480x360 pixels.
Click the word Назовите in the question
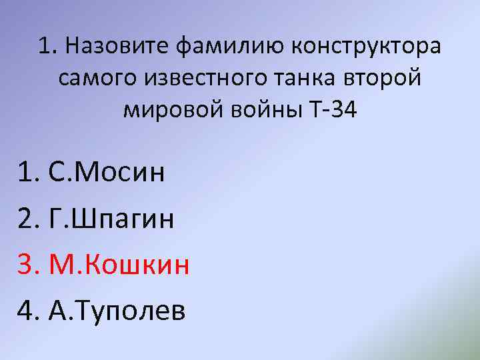(117, 47)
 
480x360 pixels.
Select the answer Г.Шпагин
(112, 219)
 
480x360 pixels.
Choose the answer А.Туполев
(117, 310)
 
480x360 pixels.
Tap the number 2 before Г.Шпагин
(26, 219)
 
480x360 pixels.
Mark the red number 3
(26, 265)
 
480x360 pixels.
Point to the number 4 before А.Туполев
(26, 310)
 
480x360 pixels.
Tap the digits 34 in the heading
(345, 111)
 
